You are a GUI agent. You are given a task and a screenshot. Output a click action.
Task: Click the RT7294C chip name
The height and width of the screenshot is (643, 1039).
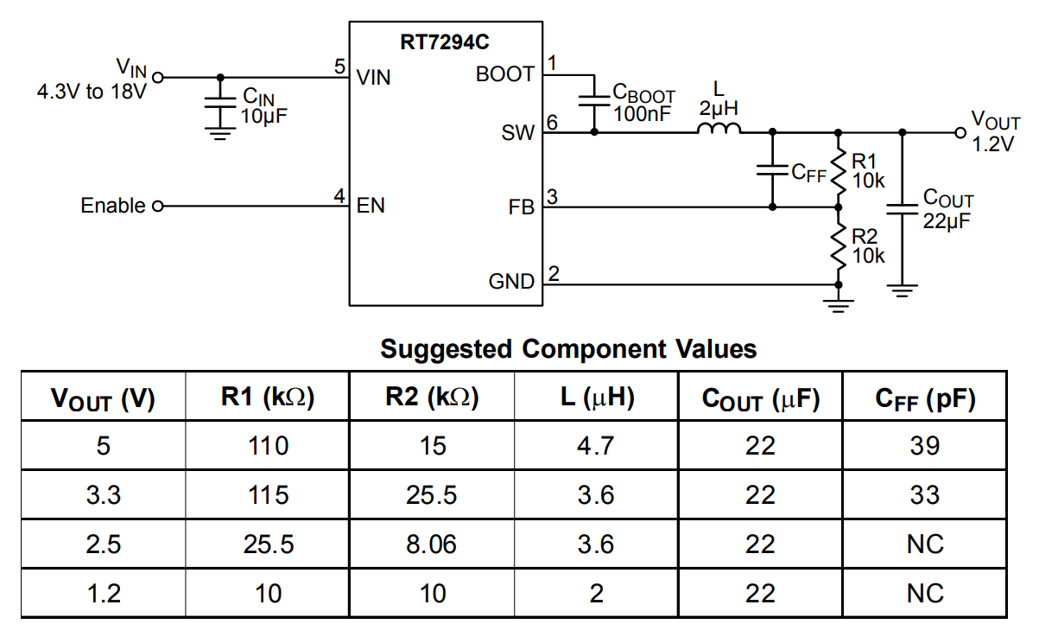(x=446, y=42)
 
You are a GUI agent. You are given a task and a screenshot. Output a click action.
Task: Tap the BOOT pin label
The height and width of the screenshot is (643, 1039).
(x=505, y=75)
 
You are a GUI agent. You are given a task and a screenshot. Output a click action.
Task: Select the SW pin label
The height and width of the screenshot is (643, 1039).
(x=518, y=133)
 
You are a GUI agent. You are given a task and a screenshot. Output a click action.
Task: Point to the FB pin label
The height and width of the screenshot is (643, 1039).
(x=522, y=208)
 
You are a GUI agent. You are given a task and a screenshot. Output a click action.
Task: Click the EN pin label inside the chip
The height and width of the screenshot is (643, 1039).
(x=371, y=207)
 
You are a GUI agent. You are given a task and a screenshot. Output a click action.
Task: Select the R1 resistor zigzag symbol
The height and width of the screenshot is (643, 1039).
(x=837, y=170)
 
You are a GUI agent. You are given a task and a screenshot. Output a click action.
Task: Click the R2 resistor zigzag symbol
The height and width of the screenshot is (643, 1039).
(x=837, y=245)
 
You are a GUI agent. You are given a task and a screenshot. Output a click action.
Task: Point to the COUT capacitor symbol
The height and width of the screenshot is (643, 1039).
(x=903, y=207)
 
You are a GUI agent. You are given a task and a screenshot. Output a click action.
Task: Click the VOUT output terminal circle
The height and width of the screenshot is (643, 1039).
(x=960, y=133)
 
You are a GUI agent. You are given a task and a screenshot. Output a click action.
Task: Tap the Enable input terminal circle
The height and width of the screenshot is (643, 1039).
(x=157, y=207)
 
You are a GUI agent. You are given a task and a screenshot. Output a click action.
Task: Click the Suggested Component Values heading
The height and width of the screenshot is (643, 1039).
(x=568, y=349)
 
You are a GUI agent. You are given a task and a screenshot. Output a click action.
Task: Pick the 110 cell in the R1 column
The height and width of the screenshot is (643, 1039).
(x=267, y=446)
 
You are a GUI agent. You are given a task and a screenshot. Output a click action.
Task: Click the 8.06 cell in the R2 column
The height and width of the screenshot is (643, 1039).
(x=432, y=544)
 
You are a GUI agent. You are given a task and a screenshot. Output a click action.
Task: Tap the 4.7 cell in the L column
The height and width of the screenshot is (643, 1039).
(x=596, y=446)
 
